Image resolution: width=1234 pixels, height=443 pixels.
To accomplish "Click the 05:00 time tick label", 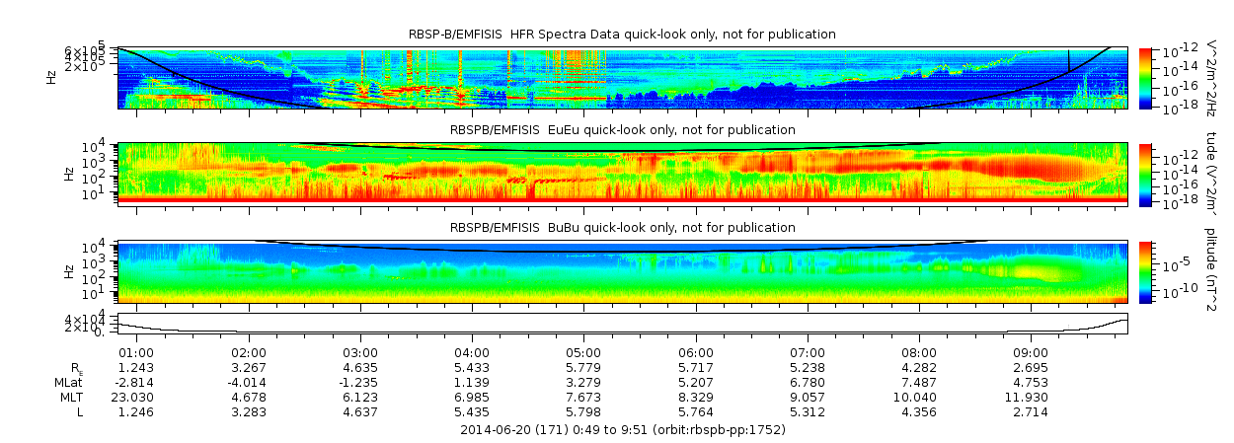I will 583,352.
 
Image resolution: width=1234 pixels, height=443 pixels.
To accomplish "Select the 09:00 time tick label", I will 1031,352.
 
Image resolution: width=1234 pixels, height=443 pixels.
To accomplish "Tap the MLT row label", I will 69,397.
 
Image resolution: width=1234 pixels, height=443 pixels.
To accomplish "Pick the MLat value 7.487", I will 919,382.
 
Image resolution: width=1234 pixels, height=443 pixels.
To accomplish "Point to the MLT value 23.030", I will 135,397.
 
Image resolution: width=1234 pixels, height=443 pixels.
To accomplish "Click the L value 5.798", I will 583,411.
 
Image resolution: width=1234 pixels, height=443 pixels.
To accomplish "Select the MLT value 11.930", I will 1031,397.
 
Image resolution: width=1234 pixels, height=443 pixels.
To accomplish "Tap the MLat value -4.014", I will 248,382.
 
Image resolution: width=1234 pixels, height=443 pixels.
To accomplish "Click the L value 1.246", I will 135,411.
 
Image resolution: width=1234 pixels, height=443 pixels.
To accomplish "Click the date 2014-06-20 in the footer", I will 499,430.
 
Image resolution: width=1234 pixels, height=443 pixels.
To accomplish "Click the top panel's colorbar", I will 1145,78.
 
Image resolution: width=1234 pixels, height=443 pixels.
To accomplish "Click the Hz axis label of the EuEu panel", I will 68,174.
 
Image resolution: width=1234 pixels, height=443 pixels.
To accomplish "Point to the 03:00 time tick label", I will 359,352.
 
